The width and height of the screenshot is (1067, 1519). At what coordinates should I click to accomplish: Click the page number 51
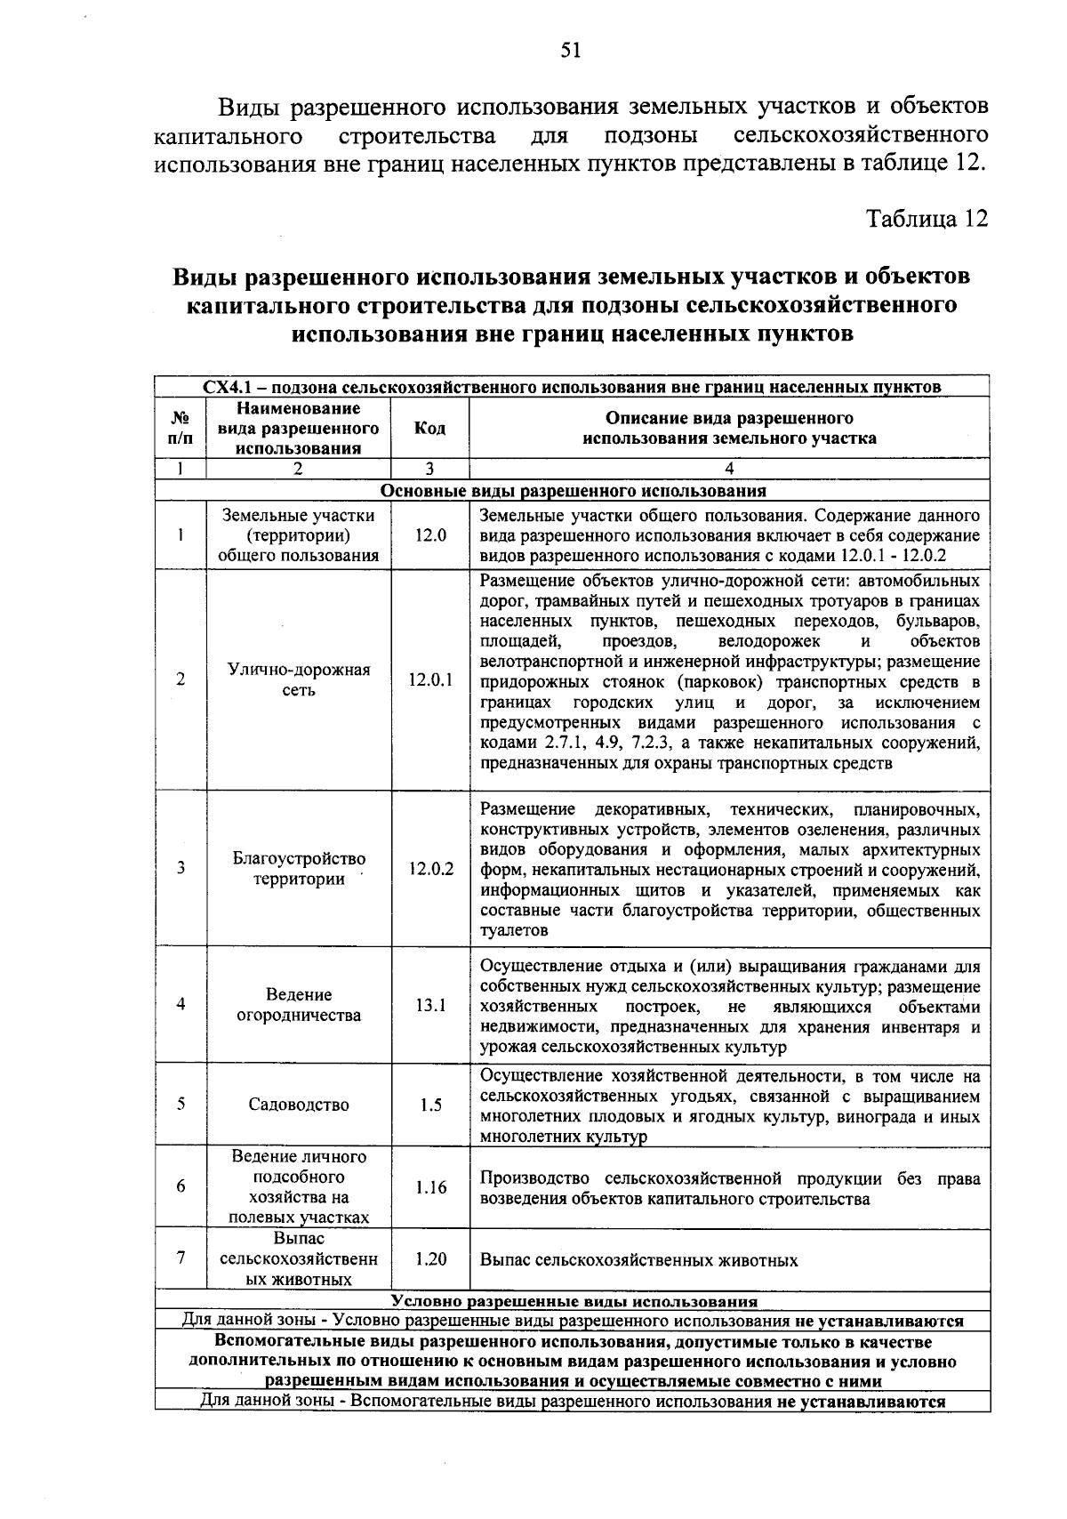pos(570,51)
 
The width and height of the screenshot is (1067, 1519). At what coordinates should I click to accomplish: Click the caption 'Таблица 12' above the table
pos(927,220)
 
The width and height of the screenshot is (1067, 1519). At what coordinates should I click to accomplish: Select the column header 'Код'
pos(429,428)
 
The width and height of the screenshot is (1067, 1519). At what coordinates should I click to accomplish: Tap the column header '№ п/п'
pos(181,428)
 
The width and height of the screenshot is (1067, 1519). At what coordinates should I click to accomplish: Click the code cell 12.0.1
pos(430,680)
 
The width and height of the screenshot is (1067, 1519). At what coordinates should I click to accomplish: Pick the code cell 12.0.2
pos(430,869)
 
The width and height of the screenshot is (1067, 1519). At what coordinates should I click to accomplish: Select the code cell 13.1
pos(430,1005)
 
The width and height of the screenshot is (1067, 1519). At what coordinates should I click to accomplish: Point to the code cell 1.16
pos(430,1187)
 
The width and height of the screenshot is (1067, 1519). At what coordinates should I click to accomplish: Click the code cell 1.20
pos(430,1259)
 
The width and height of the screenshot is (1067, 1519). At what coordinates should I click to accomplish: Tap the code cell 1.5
pos(430,1105)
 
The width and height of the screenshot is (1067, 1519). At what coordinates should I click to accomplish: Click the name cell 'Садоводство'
pos(299,1105)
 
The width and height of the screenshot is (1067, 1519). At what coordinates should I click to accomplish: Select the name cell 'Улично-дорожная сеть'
pos(299,680)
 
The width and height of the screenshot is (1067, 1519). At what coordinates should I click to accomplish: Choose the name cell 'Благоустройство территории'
pos(299,869)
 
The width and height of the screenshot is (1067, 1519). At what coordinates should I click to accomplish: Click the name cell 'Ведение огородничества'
pos(299,1005)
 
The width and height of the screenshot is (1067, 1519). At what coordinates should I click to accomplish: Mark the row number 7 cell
pos(181,1258)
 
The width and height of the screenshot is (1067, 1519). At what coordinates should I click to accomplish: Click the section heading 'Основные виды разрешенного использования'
pos(573,491)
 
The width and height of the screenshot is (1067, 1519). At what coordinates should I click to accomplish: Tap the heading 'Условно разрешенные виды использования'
pos(573,1301)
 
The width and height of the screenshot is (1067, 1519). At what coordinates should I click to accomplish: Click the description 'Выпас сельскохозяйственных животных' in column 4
pos(638,1260)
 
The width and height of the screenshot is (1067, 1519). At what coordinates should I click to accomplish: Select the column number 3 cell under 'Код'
pos(429,470)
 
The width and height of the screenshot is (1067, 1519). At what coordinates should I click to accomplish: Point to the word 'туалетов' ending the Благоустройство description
pos(514,931)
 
